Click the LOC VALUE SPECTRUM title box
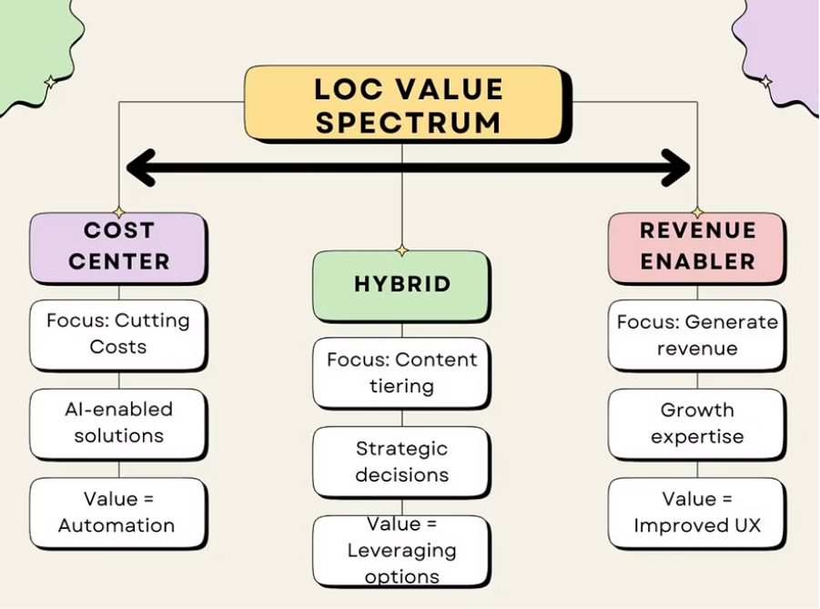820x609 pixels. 408,104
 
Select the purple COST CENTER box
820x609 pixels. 118,247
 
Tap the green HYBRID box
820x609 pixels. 401,285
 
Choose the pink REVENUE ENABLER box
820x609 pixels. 697,247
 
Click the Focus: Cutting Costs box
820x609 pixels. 118,334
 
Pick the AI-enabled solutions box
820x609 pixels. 118,422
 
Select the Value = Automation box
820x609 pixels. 118,513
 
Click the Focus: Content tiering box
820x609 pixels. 401,372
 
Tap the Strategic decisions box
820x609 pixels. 401,462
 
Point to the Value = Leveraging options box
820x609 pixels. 401,551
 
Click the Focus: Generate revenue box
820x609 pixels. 697,334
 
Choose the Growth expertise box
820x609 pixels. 697,423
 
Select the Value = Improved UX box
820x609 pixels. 697,513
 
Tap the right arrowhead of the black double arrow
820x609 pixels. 677,167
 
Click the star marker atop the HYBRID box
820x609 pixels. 401,250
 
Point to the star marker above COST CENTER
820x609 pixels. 118,212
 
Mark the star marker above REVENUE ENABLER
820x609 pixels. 697,212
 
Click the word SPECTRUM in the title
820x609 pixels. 408,121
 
